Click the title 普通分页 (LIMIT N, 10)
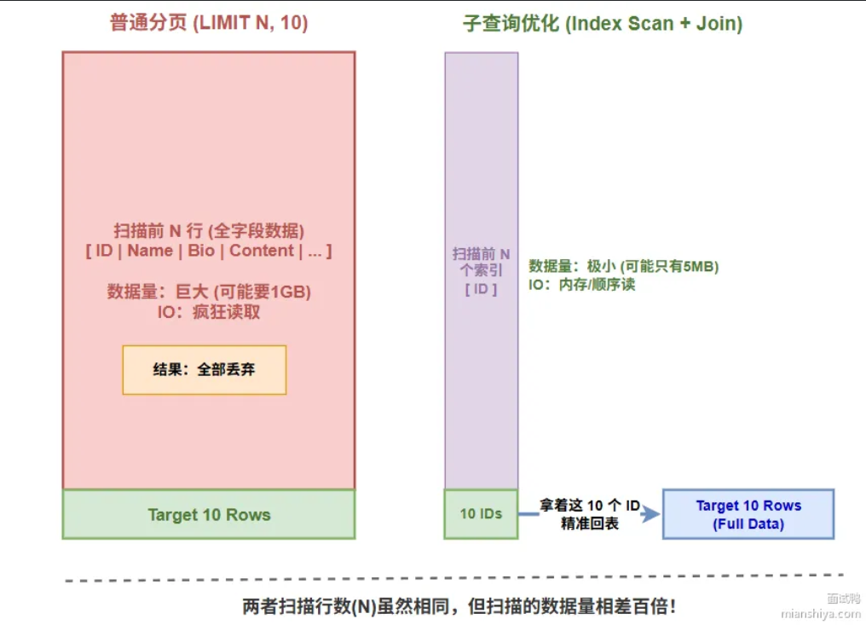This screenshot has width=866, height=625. [x=209, y=23]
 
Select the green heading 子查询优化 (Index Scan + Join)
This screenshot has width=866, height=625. [x=602, y=23]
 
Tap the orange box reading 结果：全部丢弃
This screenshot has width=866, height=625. [x=205, y=370]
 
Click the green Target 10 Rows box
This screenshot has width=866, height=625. [x=209, y=514]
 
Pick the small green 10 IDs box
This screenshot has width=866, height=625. [x=481, y=514]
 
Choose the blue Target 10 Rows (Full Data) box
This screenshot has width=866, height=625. [x=748, y=514]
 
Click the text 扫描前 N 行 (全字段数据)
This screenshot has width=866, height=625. [x=209, y=230]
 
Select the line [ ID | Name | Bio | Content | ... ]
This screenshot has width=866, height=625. [x=209, y=251]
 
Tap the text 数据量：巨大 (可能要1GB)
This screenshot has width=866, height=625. [x=209, y=292]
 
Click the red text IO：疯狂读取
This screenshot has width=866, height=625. [x=209, y=312]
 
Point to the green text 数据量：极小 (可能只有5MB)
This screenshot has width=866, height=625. [x=624, y=266]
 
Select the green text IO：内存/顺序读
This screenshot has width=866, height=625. [x=581, y=285]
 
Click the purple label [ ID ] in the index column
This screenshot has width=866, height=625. [x=481, y=289]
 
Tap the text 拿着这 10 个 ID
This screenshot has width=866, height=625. [x=590, y=506]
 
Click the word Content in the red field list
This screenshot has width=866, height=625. [x=262, y=251]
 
